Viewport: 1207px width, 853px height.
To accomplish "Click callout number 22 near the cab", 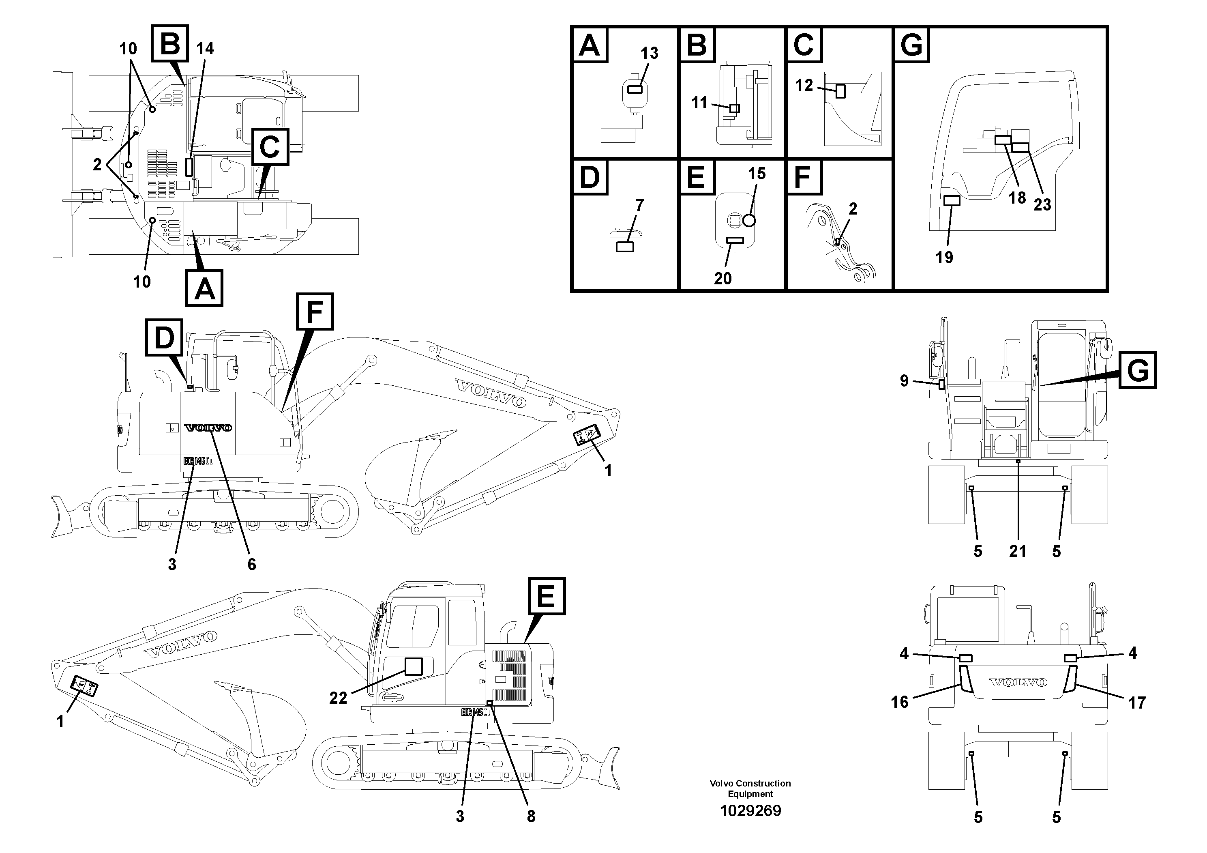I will click(x=338, y=698).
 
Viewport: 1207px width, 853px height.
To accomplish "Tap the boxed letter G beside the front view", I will click(x=1138, y=370).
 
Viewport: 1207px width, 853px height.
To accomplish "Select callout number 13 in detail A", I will click(x=649, y=53).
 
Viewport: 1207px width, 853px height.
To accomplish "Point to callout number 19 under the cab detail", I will click(x=944, y=257).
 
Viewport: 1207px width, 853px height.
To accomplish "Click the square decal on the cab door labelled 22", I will click(x=414, y=667).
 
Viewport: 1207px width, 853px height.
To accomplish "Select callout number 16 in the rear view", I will click(x=899, y=702).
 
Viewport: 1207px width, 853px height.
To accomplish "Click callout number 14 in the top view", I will click(x=205, y=48).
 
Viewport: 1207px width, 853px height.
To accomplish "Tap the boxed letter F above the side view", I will click(x=314, y=312).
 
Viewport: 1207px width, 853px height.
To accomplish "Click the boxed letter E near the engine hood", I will click(x=546, y=596).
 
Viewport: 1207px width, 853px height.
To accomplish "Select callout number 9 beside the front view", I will click(x=904, y=381).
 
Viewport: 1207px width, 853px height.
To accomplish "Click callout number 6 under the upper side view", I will click(x=251, y=564).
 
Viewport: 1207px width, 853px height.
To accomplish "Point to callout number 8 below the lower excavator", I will click(x=531, y=816).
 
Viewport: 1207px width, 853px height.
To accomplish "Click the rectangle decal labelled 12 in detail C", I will click(x=840, y=91).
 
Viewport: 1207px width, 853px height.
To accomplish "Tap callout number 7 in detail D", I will click(x=639, y=205).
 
